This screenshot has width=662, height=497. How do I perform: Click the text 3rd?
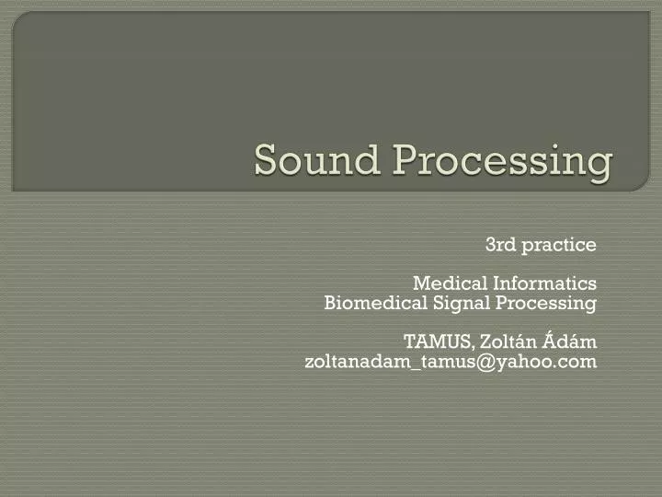tap(498, 245)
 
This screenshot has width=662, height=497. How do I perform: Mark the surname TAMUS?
tap(437, 342)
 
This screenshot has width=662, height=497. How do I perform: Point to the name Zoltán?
tap(505, 342)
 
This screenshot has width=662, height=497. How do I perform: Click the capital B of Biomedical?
tap(331, 303)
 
